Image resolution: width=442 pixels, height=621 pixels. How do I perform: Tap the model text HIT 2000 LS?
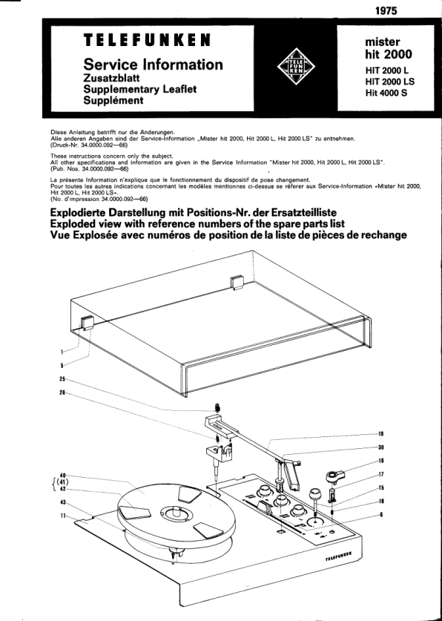pos(390,82)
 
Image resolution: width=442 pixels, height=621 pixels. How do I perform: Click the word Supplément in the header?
pos(113,101)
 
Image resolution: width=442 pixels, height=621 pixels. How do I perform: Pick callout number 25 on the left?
pos(62,379)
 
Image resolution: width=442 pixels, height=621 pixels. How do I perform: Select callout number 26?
pos(62,393)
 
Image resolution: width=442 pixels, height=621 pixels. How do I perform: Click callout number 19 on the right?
pos(381,434)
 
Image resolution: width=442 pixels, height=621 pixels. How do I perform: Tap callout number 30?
pos(381,447)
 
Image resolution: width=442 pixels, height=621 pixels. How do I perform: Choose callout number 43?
pos(62,502)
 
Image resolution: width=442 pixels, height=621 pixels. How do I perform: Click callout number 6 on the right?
pos(381,514)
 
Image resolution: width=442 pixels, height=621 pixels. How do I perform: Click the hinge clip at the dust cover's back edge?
pos(237,283)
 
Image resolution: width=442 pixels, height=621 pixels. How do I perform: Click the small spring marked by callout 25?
pos(217,407)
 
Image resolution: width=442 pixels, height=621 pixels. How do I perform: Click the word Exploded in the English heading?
pos(73,224)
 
